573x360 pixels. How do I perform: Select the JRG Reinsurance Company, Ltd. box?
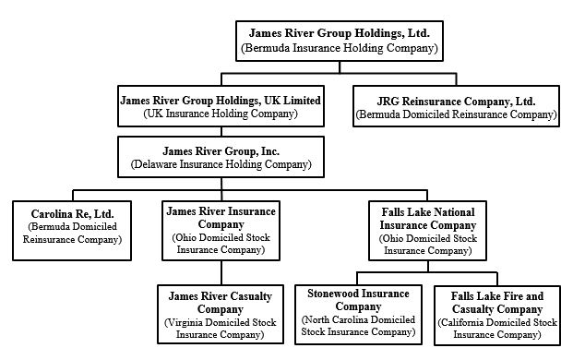(456, 107)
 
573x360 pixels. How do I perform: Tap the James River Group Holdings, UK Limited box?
(220, 107)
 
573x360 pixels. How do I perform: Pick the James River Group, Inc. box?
(220, 157)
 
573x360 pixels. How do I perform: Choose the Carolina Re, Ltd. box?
(72, 225)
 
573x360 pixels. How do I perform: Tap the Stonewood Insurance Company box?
(358, 311)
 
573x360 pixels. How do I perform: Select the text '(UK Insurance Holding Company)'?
(220, 114)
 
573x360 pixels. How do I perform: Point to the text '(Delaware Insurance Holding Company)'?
(220, 164)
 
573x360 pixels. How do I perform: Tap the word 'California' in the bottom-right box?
(467, 322)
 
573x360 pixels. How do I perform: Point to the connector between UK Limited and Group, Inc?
(220, 131)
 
